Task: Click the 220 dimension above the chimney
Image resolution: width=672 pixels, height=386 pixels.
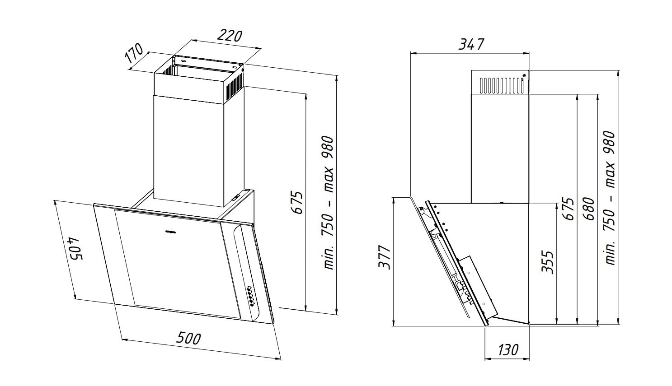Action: [229, 36]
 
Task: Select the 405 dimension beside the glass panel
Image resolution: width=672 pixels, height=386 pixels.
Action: [75, 249]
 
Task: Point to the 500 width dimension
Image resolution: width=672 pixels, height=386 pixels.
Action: [188, 339]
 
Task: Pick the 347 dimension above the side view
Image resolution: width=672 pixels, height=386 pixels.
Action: [471, 44]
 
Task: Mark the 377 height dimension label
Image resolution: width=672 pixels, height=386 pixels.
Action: [384, 257]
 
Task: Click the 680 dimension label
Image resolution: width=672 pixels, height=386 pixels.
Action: [589, 209]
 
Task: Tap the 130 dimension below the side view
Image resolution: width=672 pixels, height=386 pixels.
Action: [508, 350]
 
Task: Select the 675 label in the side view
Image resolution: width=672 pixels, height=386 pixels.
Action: [569, 209]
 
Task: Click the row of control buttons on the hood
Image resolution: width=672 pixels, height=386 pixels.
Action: [251, 296]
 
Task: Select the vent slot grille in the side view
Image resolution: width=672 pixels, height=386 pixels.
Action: [501, 85]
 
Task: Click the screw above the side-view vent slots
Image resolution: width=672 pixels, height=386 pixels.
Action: [524, 75]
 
